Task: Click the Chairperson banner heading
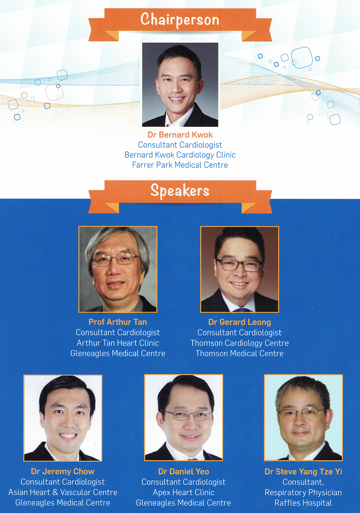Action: pos(180,19)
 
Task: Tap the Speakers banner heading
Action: pos(180,191)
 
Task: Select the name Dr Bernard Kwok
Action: pos(180,135)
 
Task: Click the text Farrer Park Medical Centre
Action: pos(180,165)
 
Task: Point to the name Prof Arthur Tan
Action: pos(118,322)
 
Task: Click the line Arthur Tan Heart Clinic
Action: pos(118,343)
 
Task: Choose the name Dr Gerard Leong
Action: pos(240,322)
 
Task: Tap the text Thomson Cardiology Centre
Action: pos(240,343)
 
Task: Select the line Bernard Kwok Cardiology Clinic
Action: pos(180,155)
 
